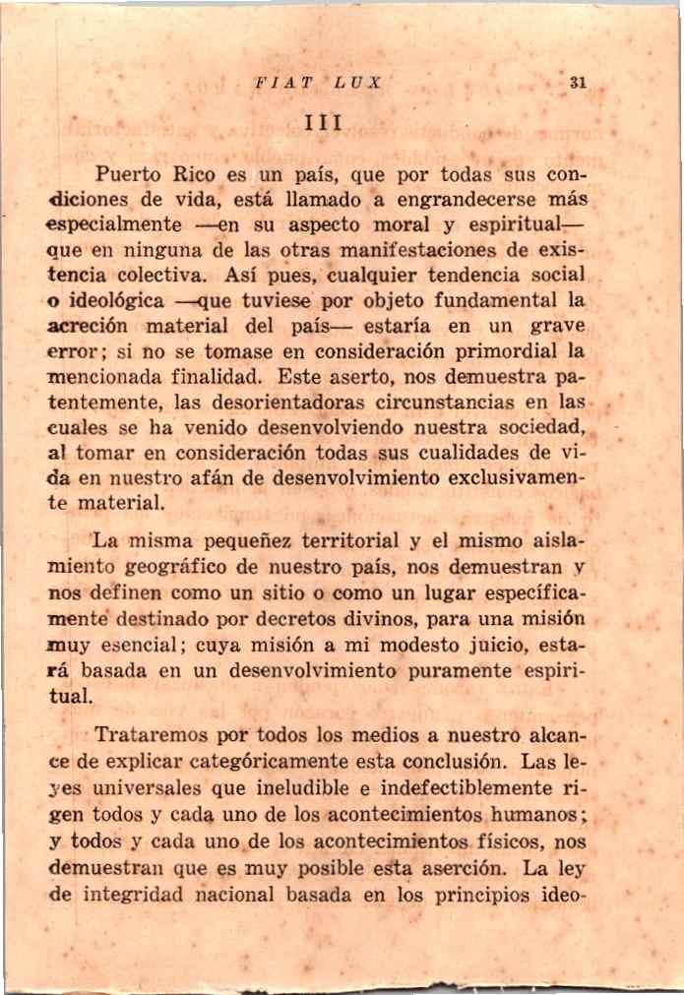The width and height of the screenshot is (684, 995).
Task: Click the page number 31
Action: coord(579,85)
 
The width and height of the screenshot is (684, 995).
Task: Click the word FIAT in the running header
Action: coord(274,85)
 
